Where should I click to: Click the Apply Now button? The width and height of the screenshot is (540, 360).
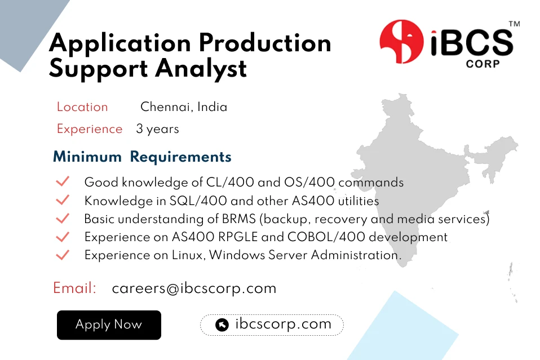(x=109, y=325)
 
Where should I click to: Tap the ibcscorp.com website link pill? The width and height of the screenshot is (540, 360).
(x=272, y=325)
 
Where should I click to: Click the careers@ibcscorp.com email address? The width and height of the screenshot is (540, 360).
(x=194, y=288)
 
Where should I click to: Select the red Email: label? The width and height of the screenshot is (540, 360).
(x=74, y=288)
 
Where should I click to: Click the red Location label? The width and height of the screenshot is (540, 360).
(x=82, y=107)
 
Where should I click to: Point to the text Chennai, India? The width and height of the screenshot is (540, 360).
(x=184, y=107)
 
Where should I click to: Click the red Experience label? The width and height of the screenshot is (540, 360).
(x=90, y=129)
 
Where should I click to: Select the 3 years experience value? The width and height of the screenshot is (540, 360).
(x=157, y=129)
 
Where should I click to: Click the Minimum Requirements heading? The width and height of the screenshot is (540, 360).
(x=142, y=157)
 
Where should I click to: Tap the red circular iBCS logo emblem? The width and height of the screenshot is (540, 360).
(x=401, y=41)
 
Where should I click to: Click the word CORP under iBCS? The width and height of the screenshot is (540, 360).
(x=483, y=64)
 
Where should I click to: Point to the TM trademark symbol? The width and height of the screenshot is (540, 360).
(x=514, y=24)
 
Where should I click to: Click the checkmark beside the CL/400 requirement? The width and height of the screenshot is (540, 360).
(x=63, y=182)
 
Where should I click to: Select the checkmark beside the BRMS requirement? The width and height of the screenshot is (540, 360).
(x=63, y=219)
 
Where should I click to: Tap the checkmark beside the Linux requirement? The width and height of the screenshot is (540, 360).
(x=63, y=255)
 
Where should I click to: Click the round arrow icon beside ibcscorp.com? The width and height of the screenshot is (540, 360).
(x=222, y=325)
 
